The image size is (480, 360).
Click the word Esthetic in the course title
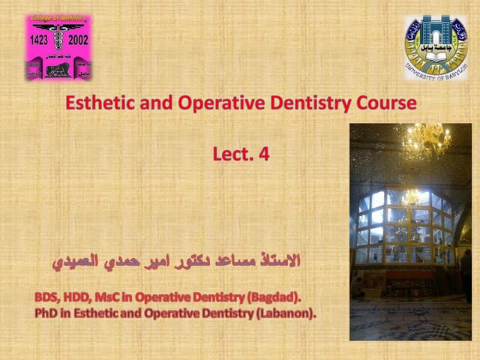pos(95,103)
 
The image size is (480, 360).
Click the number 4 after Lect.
pos(264,154)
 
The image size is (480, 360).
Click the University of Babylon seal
pos(435,47)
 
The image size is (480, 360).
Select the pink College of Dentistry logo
pos(58,48)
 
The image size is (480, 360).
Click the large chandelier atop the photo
pos(427,138)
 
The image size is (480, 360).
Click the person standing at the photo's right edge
pos(466,274)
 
